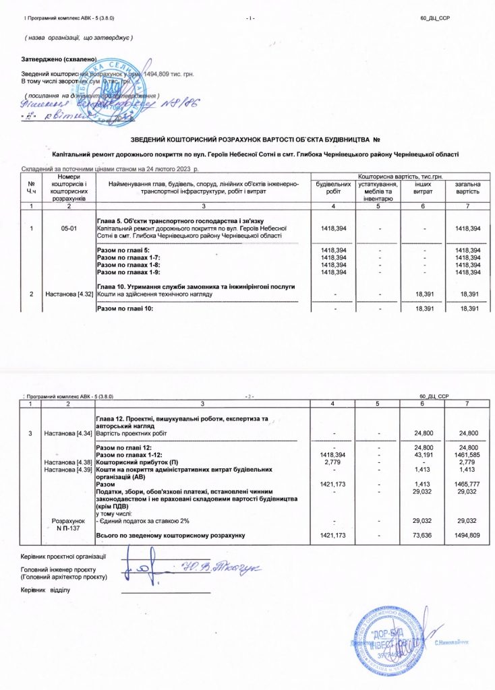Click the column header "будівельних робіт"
click(x=333, y=187)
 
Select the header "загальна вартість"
click(x=467, y=187)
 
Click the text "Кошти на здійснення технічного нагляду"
click(x=155, y=294)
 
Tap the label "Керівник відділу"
click(x=46, y=590)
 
